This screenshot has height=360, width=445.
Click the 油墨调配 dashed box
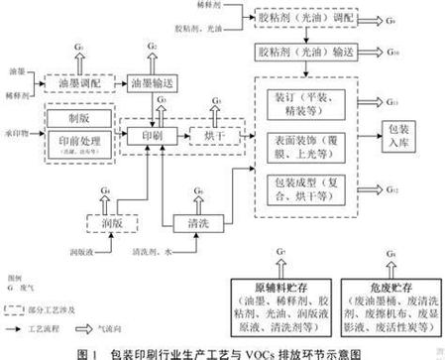87,84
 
